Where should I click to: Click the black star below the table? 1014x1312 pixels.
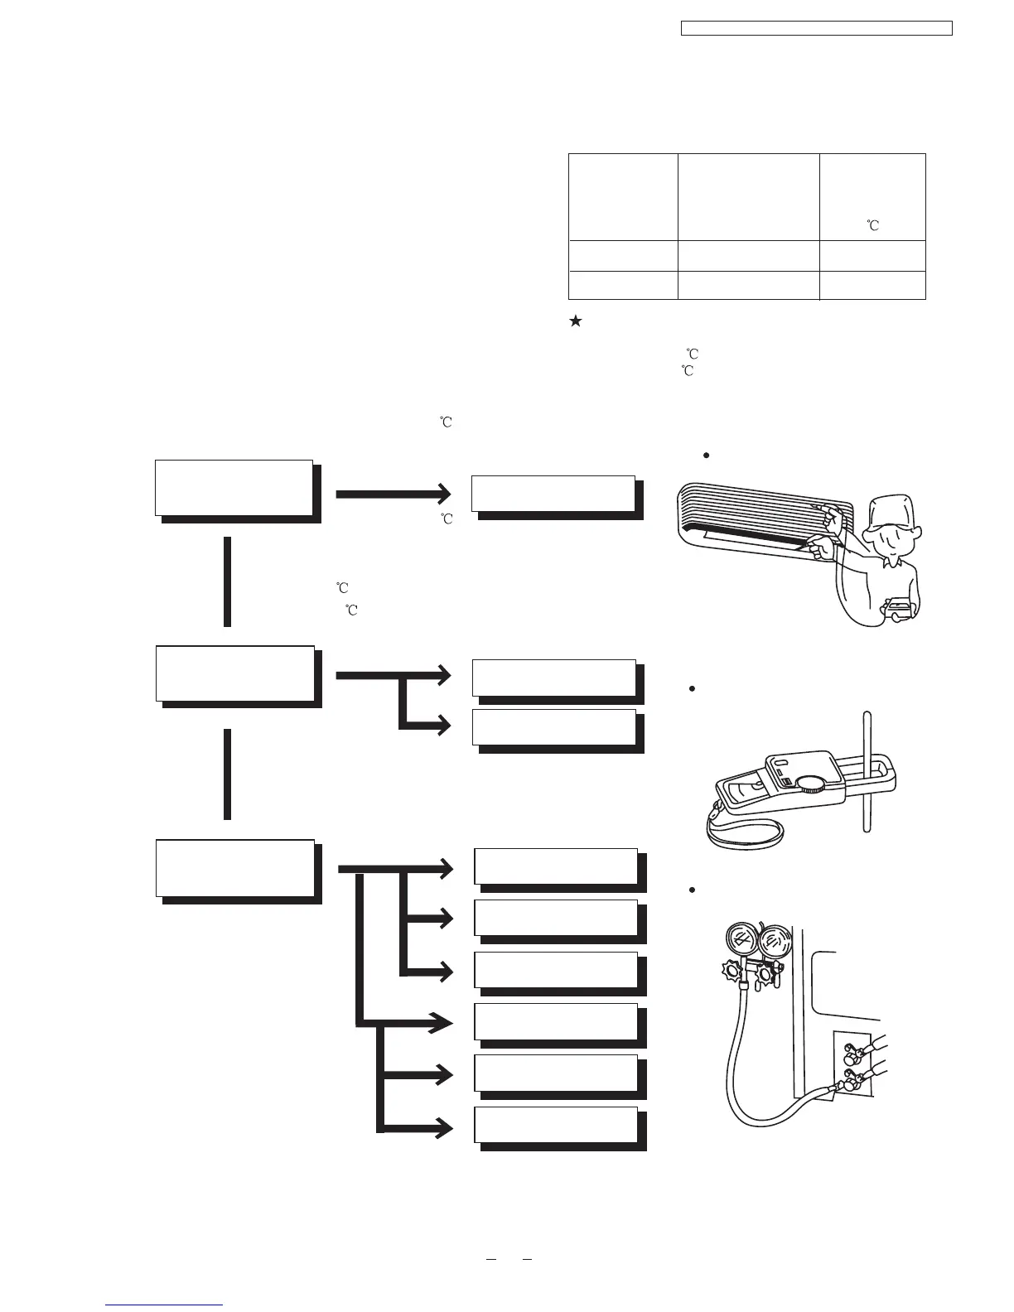(x=575, y=322)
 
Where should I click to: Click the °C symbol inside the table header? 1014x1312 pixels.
(x=872, y=224)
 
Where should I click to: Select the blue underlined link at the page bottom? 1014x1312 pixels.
(x=164, y=1305)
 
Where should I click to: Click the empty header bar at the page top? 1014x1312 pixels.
(x=816, y=29)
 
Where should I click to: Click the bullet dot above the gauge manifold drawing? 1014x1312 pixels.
(x=691, y=890)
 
